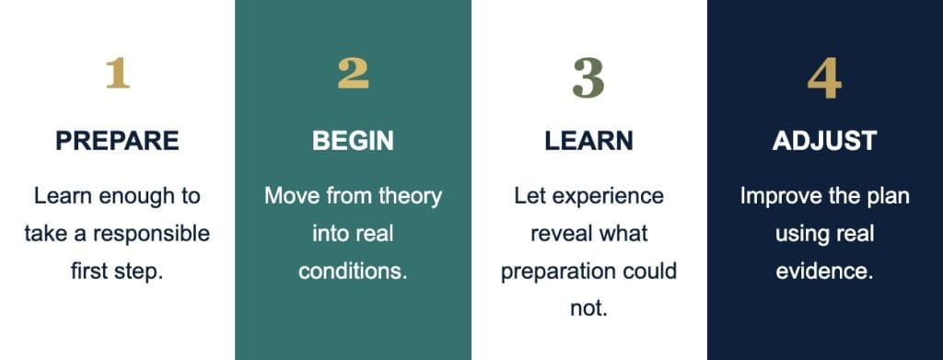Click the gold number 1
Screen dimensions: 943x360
pyautogui.click(x=118, y=74)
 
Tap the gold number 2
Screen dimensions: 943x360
pyautogui.click(x=353, y=74)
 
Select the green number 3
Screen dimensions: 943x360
pyautogui.click(x=588, y=78)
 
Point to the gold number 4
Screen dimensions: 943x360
pyautogui.click(x=824, y=78)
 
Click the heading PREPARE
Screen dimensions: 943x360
pyautogui.click(x=117, y=141)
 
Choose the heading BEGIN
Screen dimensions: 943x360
pyautogui.click(x=353, y=141)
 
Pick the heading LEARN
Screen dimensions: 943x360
pyautogui.click(x=588, y=141)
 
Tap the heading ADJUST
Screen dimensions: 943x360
pyautogui.click(x=824, y=141)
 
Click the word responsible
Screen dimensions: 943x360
pyautogui.click(x=151, y=235)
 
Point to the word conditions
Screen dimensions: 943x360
pyautogui.click(x=353, y=271)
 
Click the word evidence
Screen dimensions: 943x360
pyautogui.click(x=824, y=271)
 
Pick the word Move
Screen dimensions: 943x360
pyautogui.click(x=288, y=196)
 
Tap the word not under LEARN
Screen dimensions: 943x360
pyautogui.click(x=588, y=309)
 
